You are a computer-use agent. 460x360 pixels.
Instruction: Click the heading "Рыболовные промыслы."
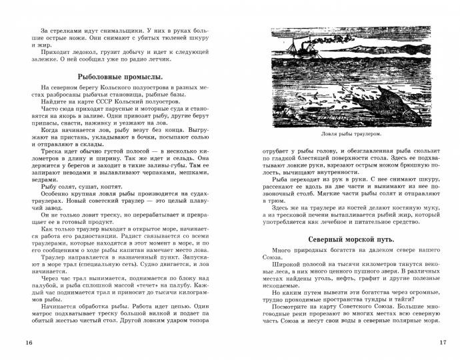coord(120,77)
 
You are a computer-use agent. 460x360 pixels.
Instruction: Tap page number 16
coord(27,343)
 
